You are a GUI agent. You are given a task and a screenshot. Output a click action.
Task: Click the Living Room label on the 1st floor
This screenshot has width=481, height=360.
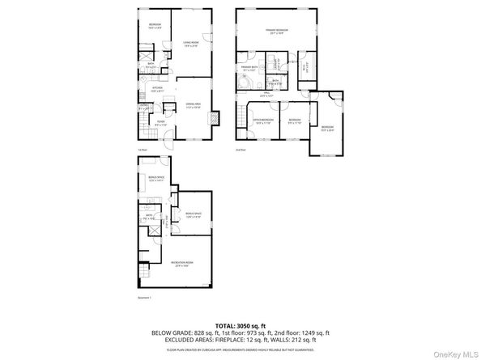tap(191, 44)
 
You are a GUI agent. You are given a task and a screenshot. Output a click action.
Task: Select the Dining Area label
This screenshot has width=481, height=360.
tap(194, 105)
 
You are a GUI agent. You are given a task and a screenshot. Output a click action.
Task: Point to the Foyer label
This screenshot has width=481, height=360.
tap(160, 124)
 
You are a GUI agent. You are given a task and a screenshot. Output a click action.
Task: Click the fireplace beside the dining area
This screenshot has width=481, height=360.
tap(214, 118)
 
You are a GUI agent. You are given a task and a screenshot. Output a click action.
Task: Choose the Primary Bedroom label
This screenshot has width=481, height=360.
tap(277, 32)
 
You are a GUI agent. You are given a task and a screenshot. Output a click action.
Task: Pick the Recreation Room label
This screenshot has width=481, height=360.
tap(182, 263)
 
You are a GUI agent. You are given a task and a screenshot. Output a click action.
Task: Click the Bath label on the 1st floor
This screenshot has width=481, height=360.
tap(151, 66)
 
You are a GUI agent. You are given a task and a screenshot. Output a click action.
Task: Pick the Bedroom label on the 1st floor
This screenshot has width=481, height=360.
tap(155, 25)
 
